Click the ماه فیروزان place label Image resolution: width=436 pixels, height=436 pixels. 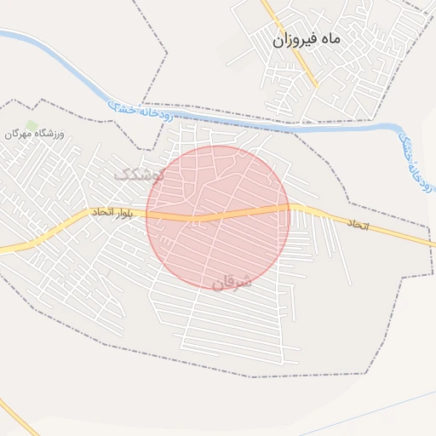307,40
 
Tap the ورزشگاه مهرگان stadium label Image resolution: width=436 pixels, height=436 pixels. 34,134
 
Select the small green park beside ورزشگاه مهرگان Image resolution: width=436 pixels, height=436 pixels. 32,125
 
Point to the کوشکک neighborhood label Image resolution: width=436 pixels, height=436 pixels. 136,174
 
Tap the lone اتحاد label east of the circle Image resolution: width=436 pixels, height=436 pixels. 359,222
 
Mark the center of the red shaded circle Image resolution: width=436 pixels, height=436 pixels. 218,217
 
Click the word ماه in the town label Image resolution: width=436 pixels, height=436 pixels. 330,40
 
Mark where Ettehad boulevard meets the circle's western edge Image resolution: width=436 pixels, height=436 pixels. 146,216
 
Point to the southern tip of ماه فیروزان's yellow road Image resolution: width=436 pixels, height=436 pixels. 318,86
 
